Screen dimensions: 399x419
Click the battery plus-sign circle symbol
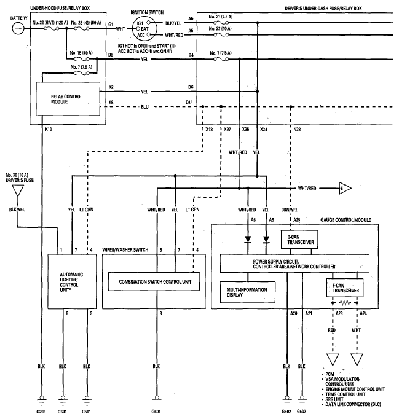[x=18, y=28]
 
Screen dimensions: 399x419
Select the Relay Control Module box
[x=68, y=99]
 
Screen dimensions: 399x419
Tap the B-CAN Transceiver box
[x=299, y=240]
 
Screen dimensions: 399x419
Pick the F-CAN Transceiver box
[x=345, y=288]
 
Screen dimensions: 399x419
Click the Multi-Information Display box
[x=248, y=292]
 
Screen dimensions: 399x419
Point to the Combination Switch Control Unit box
[x=154, y=281]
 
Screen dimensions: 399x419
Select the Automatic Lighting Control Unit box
[x=72, y=281]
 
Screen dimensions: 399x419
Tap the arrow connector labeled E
[x=346, y=189]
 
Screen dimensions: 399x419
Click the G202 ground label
[x=41, y=412]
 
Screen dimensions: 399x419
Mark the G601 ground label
[x=156, y=412]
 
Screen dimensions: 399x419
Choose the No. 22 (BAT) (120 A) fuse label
[x=50, y=23]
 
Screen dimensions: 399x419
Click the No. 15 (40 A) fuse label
[x=81, y=53]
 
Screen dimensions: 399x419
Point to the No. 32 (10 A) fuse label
[x=220, y=29]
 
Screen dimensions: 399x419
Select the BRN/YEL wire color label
[x=290, y=209]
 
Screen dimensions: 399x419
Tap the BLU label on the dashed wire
[x=144, y=107]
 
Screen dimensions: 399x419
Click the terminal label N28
[x=297, y=130]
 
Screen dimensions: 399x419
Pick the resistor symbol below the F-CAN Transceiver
[x=345, y=303]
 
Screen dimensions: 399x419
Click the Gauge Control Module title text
[x=346, y=220]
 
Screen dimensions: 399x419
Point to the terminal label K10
[x=49, y=130]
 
